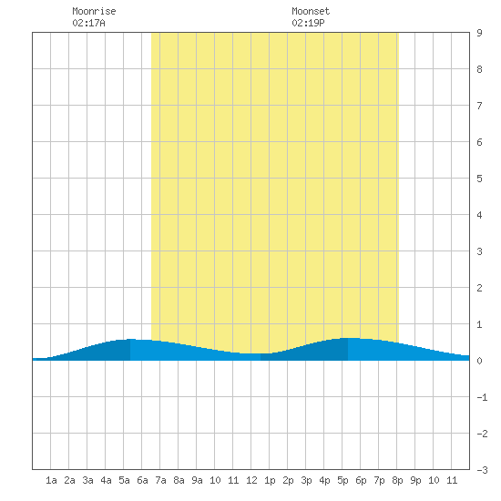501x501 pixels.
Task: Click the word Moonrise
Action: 94,11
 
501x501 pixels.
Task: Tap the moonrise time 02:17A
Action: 88,23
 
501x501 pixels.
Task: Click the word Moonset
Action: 311,11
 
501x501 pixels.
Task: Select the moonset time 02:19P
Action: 308,23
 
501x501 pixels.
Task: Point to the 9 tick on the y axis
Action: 479,33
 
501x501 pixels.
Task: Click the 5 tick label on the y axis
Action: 479,179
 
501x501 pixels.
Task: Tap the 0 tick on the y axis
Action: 479,361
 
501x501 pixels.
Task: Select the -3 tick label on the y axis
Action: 482,470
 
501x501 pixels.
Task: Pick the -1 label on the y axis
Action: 482,397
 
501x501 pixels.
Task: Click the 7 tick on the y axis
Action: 479,106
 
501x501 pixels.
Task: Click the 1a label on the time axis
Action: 51,480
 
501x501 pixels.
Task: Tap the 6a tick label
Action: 142,480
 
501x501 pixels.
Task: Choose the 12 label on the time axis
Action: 251,480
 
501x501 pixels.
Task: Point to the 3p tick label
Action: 306,480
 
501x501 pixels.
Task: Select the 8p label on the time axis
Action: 397,480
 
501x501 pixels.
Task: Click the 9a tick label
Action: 197,480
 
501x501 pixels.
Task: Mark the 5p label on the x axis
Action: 343,480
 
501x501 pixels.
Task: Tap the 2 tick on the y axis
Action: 479,288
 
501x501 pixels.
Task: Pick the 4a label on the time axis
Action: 106,480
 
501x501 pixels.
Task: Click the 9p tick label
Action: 415,480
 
